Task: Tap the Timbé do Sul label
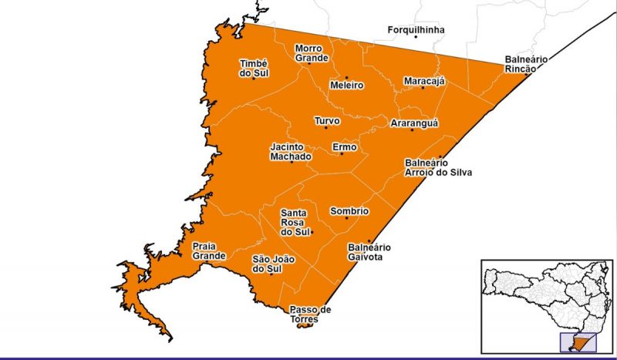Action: (252, 68)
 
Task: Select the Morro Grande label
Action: (312, 52)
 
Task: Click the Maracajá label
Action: (424, 81)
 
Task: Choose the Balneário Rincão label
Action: (525, 64)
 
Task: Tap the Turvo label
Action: (325, 120)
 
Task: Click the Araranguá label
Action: (413, 123)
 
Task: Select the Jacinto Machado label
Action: (291, 151)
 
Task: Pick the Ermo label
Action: (343, 146)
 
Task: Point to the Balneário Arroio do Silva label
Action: (437, 167)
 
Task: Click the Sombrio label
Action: (349, 211)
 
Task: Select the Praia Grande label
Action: (209, 251)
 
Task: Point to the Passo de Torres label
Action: (310, 314)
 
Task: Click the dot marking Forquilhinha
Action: (415, 37)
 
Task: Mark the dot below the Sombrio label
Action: (347, 218)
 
